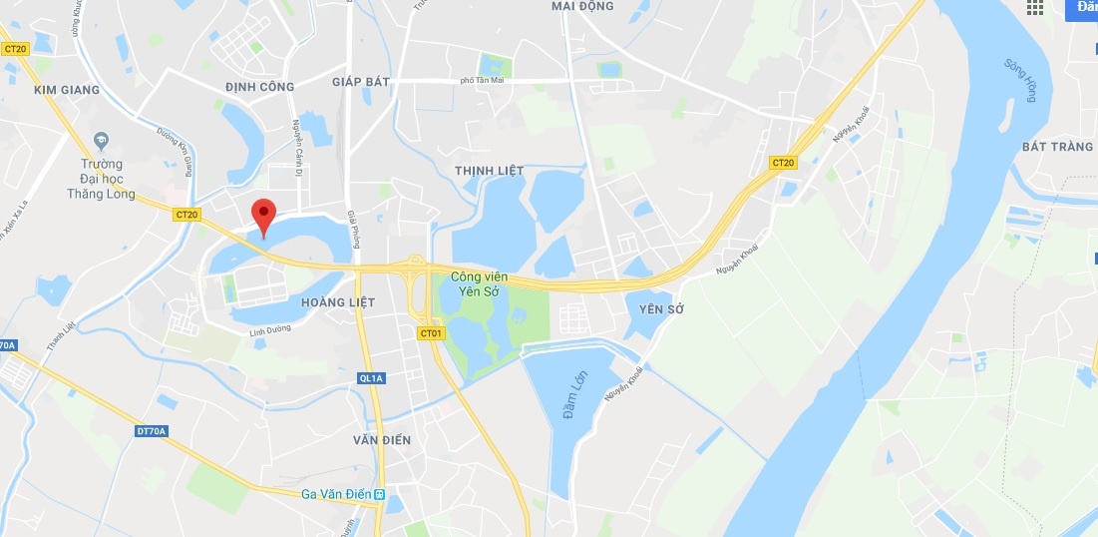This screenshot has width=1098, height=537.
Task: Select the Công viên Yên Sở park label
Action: pos(475,283)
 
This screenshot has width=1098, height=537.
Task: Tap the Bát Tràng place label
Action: pos(1057,147)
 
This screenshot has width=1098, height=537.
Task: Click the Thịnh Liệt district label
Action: pos(489,171)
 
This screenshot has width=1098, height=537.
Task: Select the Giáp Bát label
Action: pos(361,81)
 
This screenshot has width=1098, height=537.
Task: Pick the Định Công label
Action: pos(259,87)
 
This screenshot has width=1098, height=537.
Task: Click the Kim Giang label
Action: pos(67,90)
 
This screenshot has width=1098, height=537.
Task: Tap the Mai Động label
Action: pos(582,6)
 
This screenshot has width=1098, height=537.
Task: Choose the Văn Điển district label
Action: pos(382,439)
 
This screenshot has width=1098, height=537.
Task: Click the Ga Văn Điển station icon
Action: pos(393,494)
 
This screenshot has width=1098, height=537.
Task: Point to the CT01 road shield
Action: pos(431,333)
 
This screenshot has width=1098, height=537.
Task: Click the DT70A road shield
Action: pos(151,431)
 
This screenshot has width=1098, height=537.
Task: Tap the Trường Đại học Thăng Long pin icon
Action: pos(100,139)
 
